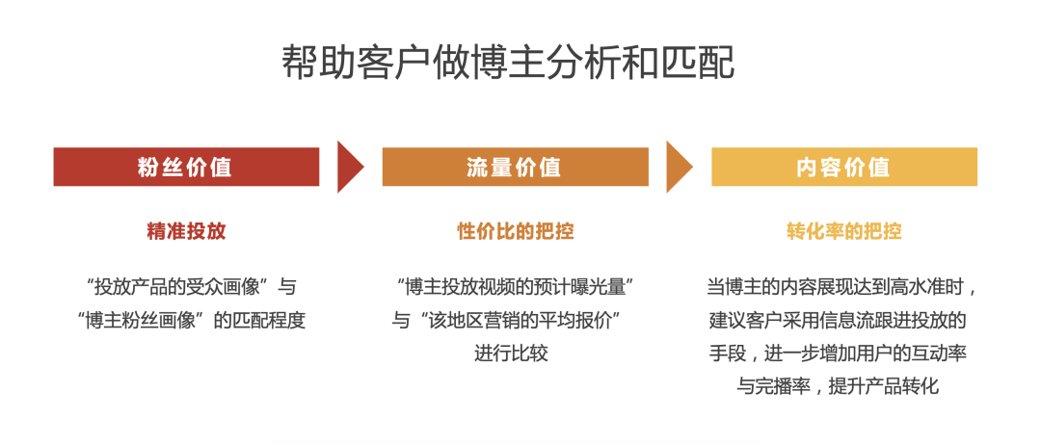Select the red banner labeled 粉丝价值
point(186,167)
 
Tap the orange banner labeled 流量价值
point(515,167)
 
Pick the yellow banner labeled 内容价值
point(843,167)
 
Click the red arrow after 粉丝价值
point(350,167)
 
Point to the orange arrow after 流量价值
point(679,167)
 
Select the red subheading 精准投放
point(186,231)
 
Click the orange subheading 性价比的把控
point(515,231)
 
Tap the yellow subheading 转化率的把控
point(843,231)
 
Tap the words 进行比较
point(511,353)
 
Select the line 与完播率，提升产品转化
point(838,386)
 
